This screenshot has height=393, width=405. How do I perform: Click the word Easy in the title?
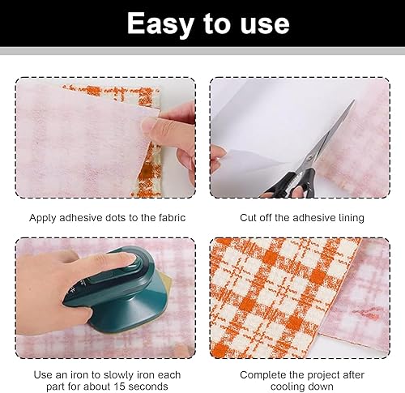coord(160,24)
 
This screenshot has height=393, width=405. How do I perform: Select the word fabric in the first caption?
coord(172,218)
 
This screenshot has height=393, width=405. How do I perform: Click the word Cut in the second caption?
coord(247,218)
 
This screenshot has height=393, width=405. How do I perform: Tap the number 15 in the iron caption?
coord(119,387)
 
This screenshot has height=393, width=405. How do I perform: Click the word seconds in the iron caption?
coord(147,387)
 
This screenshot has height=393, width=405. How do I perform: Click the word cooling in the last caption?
coord(288,387)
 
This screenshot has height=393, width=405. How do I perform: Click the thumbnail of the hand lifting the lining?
coord(148,125)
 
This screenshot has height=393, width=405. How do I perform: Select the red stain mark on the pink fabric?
coord(365,313)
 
